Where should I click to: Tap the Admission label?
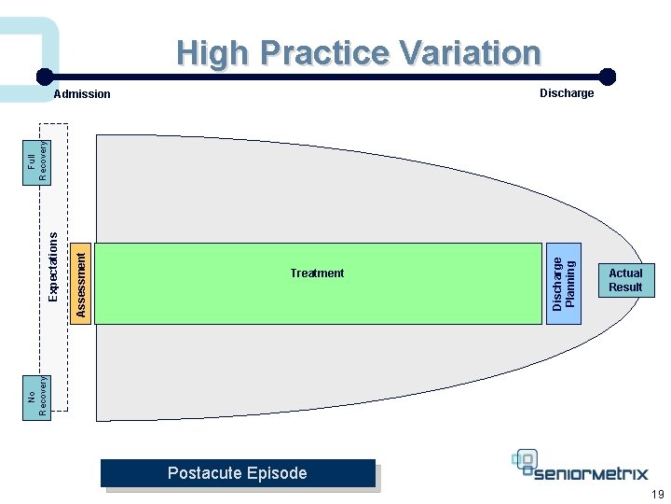coord(82,94)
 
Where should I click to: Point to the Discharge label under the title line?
coord(567,93)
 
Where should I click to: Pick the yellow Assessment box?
coord(81,282)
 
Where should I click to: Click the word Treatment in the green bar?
coord(317,273)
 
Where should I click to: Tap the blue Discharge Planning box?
coord(564,283)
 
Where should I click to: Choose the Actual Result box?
coord(625,280)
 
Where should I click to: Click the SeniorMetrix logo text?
coord(593,473)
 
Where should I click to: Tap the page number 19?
coord(657,495)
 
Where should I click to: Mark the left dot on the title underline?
coord(44,77)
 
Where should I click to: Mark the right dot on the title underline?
coord(607,77)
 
